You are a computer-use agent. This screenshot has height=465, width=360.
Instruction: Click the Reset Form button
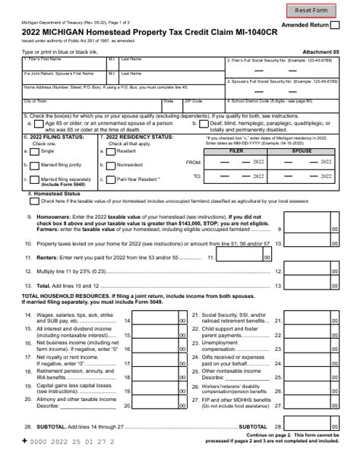pyautogui.click(x=311, y=11)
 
